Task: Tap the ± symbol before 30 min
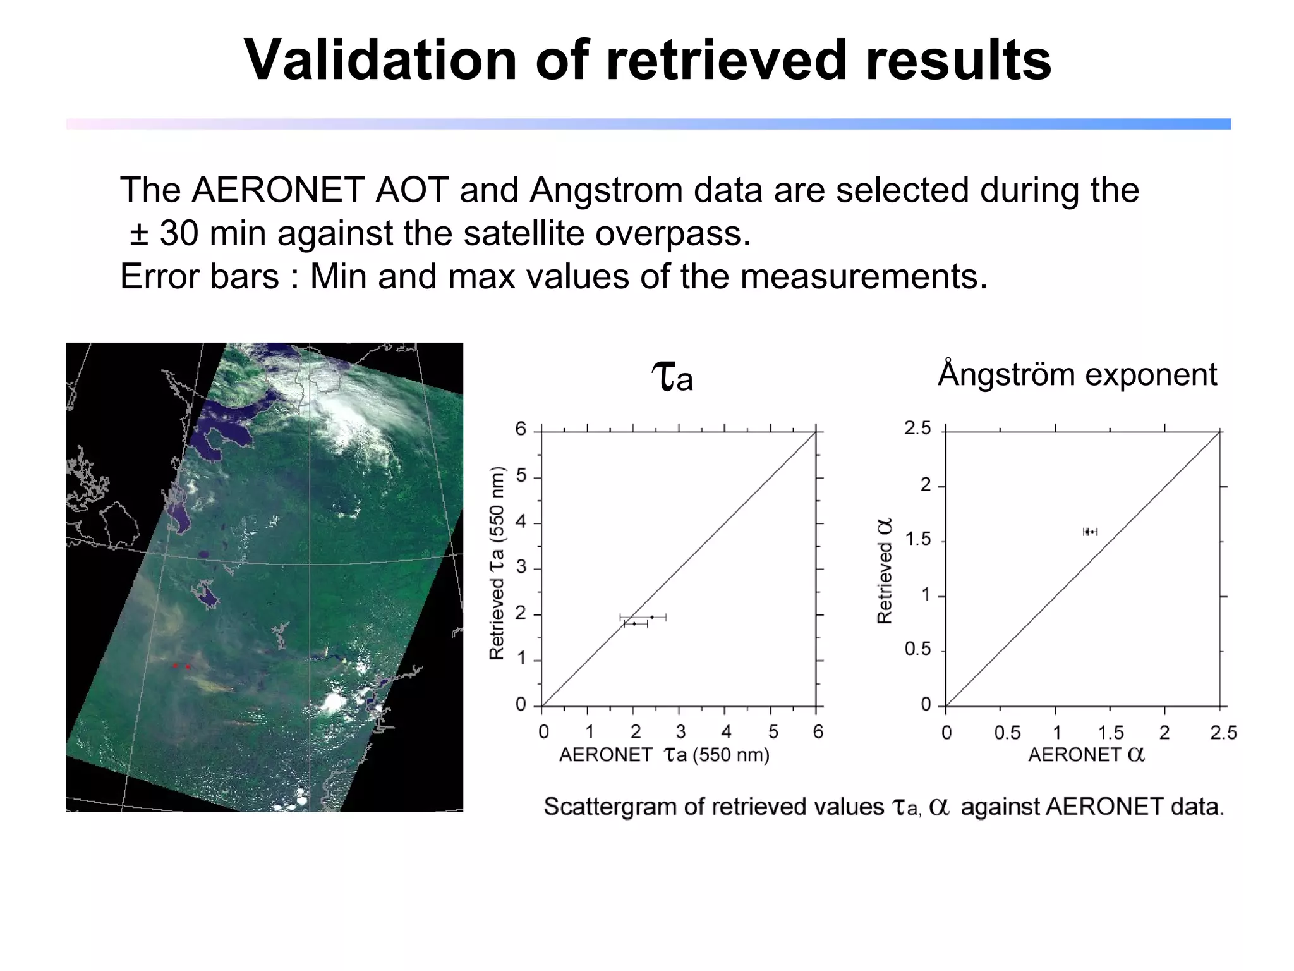(139, 234)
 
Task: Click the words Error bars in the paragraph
(199, 277)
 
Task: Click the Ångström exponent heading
(1077, 374)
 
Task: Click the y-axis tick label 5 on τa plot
(521, 475)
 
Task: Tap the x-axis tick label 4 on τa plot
(726, 732)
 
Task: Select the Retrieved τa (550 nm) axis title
(497, 563)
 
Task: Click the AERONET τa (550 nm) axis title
(663, 755)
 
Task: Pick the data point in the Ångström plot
(1089, 532)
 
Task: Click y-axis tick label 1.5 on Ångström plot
(917, 540)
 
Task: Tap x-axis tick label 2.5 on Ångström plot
(1223, 733)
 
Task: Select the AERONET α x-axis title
(1085, 755)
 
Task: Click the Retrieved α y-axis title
(885, 571)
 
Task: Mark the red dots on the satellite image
(181, 666)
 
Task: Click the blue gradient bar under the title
(648, 124)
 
